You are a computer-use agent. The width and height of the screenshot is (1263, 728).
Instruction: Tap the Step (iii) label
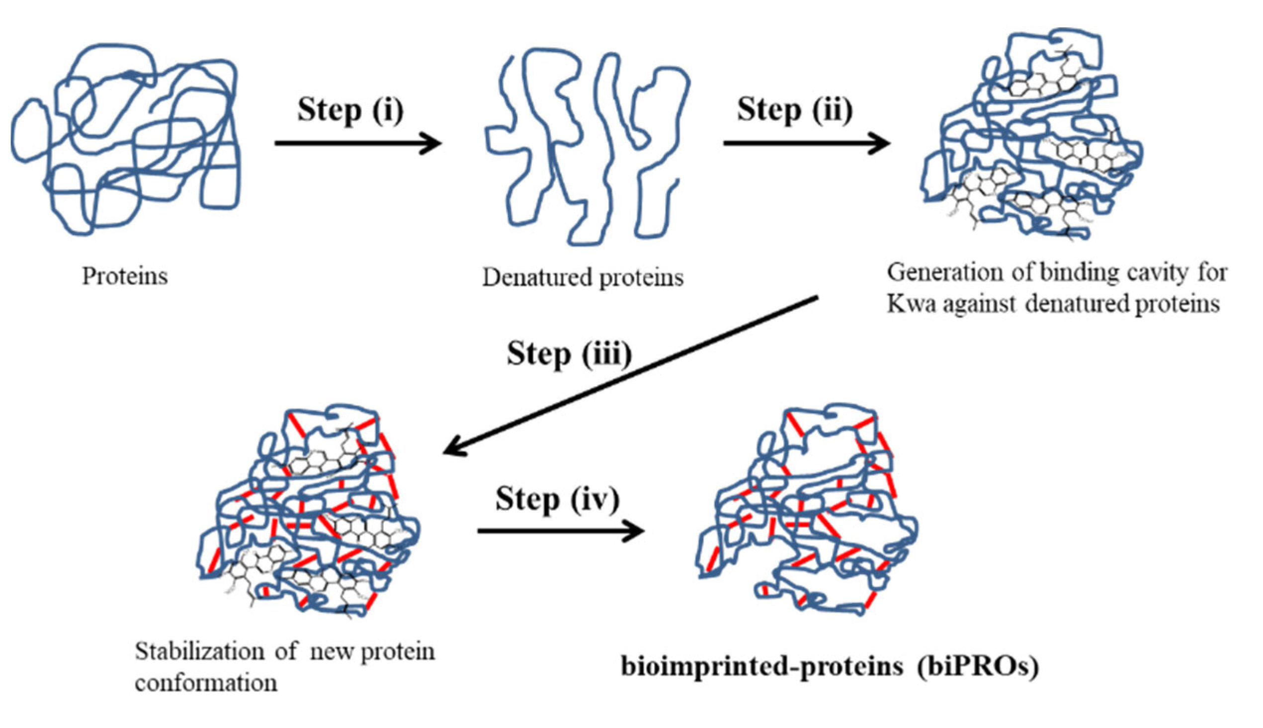point(569,354)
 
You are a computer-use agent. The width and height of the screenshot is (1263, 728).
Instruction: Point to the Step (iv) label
point(557,499)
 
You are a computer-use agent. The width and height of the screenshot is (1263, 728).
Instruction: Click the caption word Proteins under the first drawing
point(124,276)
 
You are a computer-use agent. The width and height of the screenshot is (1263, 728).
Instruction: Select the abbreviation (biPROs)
point(978,666)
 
